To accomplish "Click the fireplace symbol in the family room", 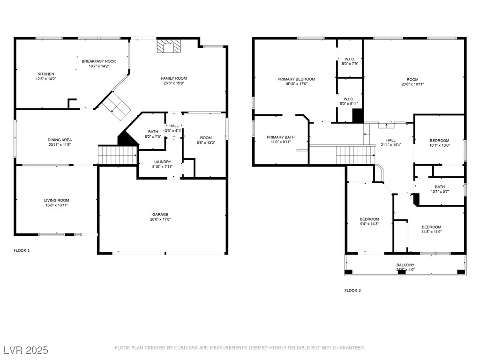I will [x=168, y=46].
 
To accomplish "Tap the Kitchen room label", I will [x=46, y=74].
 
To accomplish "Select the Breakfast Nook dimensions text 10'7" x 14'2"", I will [x=98, y=67].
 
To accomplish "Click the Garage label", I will [x=160, y=214].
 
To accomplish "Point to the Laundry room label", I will [x=162, y=162].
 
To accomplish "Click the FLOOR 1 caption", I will [x=22, y=250].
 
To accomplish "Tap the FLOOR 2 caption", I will [x=352, y=291].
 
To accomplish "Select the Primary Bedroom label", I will [x=296, y=79].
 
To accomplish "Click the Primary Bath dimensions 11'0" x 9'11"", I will [x=281, y=142].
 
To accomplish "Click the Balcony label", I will [x=405, y=265].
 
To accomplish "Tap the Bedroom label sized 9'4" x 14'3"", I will [x=369, y=219].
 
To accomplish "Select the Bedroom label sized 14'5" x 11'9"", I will [x=431, y=227].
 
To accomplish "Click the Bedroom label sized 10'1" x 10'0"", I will [x=440, y=141].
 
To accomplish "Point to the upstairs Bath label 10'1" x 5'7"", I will [x=440, y=187].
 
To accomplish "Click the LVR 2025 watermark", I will [x=26, y=350].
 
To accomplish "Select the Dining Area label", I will [x=60, y=140].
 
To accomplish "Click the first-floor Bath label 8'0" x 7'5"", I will [x=153, y=132].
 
